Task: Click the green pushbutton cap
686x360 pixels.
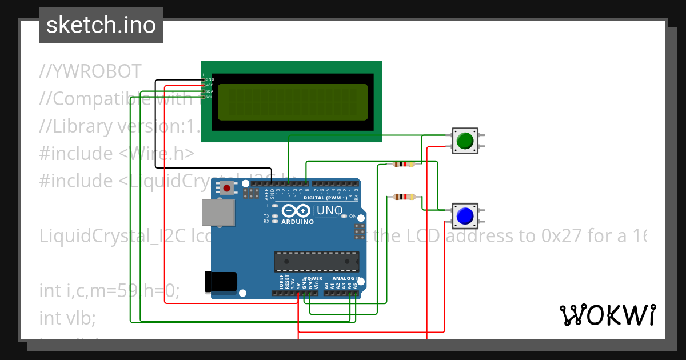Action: [465, 140]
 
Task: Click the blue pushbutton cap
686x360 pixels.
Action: [464, 215]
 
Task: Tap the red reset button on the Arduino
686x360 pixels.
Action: [228, 188]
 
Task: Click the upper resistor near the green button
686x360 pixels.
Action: [404, 165]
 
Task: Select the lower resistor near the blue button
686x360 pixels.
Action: [404, 197]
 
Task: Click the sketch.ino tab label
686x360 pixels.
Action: [101, 25]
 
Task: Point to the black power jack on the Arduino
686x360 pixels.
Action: [221, 281]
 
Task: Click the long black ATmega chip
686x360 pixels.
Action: [316, 261]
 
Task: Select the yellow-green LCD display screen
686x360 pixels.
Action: [292, 102]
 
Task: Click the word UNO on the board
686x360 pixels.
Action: [329, 211]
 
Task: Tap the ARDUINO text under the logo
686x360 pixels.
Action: [297, 222]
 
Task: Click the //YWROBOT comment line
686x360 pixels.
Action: [90, 71]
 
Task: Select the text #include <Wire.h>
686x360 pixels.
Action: [117, 153]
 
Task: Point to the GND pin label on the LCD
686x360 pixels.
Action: [209, 79]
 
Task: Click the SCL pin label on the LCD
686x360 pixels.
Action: [209, 97]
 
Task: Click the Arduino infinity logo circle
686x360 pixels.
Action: [297, 210]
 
